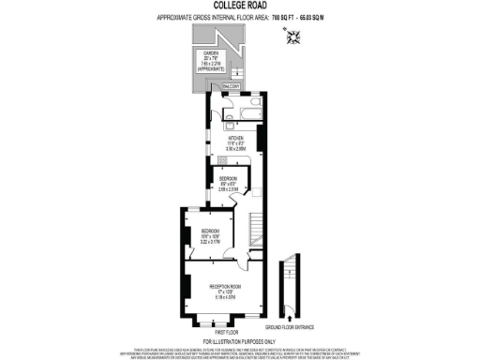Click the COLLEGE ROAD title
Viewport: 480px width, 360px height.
click(240, 7)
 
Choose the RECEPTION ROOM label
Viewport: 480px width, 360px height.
click(221, 285)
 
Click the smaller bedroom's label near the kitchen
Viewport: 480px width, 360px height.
click(229, 178)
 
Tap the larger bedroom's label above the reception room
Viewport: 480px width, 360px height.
click(209, 231)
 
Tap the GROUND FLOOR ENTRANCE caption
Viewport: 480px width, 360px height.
click(290, 326)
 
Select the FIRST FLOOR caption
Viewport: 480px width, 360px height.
click(228, 332)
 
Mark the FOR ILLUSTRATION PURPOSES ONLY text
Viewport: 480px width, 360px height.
click(240, 341)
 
